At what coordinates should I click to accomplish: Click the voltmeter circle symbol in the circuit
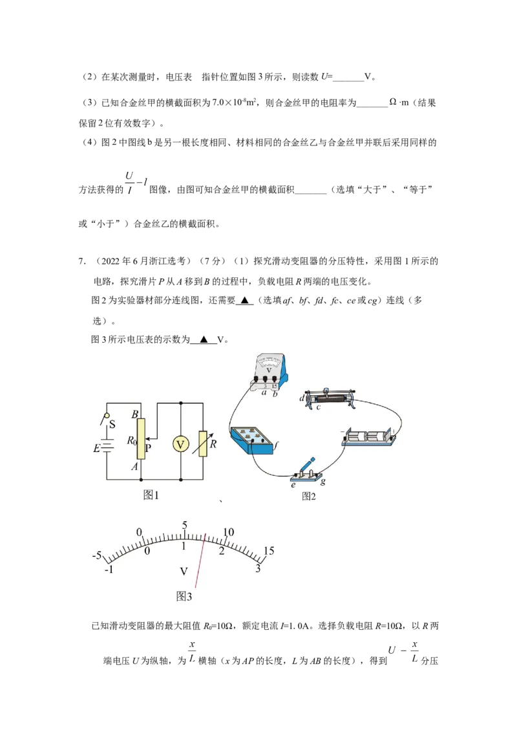pyautogui.click(x=180, y=444)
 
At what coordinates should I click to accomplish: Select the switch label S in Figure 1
pyautogui.click(x=112, y=424)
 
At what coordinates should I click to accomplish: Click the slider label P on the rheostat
pyautogui.click(x=148, y=447)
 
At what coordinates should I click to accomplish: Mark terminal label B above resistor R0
pyautogui.click(x=135, y=414)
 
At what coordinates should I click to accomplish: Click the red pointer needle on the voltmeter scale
pyautogui.click(x=200, y=561)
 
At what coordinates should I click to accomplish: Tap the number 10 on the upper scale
pyautogui.click(x=229, y=532)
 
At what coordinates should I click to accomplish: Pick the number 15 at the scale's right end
pyautogui.click(x=269, y=550)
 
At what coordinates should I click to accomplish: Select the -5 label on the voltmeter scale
pyautogui.click(x=96, y=555)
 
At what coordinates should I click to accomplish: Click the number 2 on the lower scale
pyautogui.click(x=222, y=551)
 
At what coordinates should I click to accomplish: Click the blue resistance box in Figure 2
pyautogui.click(x=252, y=439)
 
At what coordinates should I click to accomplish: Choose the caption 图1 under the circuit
pyautogui.click(x=151, y=495)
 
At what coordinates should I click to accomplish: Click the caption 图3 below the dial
pyautogui.click(x=184, y=596)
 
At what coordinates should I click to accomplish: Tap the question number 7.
pyautogui.click(x=81, y=261)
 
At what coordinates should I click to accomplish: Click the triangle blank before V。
pyautogui.click(x=204, y=340)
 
